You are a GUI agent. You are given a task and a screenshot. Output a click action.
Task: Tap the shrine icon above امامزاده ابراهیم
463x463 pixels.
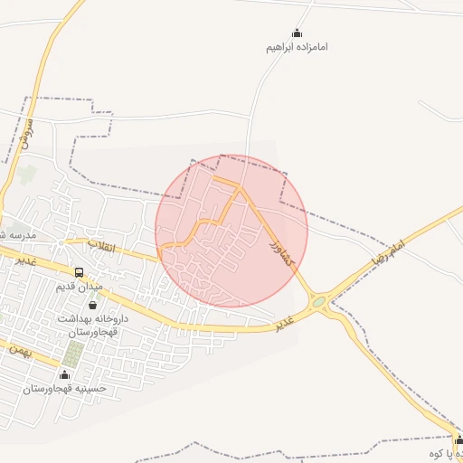coord(297,33)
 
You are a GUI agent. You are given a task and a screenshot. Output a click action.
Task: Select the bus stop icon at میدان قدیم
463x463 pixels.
coord(80,272)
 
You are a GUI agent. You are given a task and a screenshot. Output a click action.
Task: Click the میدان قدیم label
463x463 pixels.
coord(80,287)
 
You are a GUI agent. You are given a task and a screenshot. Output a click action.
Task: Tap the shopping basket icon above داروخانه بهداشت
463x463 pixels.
coord(92,306)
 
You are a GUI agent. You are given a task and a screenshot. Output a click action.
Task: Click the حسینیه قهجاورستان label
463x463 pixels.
coord(65,388)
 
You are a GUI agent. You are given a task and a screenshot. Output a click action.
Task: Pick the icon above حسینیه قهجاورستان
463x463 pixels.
coord(64,374)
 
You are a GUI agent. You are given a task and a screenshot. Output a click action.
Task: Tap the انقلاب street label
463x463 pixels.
coord(101,246)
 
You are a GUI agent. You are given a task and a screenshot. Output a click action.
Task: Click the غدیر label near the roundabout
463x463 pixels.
coord(286,322)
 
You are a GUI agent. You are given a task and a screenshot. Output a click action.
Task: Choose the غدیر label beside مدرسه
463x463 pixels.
coord(25,259)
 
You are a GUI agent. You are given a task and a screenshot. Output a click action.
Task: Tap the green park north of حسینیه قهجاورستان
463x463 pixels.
coord(73,352)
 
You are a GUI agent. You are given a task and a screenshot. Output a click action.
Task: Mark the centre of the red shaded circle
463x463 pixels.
coord(231,231)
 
